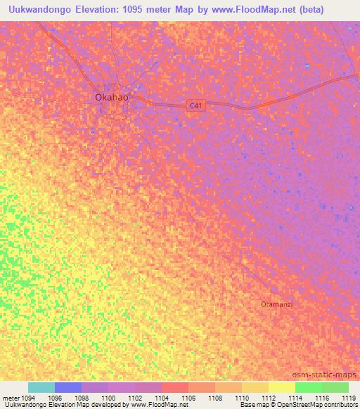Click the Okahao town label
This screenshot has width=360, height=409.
pos(111,98)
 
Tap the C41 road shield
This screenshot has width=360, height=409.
pos(197,105)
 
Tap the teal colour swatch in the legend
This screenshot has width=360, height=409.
pos(41,387)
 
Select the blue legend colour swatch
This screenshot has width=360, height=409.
pos(68,387)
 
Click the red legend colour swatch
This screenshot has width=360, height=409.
pos(175,387)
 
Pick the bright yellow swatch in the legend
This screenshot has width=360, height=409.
pos(282,387)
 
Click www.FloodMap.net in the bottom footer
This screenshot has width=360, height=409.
pos(156,405)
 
